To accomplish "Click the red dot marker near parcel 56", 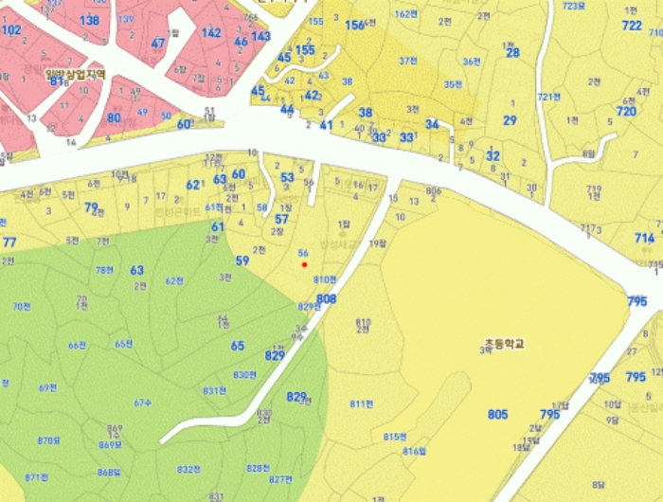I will click(x=304, y=265).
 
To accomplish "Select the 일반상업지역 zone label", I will click(x=75, y=73).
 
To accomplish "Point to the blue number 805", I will click(x=497, y=414).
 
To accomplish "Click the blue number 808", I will click(x=327, y=299).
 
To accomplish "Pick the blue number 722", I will click(x=632, y=26).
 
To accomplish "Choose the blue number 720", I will click(x=626, y=111).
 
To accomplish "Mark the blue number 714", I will click(x=644, y=238).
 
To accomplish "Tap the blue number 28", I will click(x=512, y=53).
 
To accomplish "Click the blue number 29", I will click(x=510, y=120).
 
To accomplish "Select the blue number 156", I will click(x=354, y=26).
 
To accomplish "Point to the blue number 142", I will click(x=211, y=32).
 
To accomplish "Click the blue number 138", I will click(x=90, y=20).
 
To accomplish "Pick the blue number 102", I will click(x=11, y=30).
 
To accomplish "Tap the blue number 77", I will click(x=9, y=242).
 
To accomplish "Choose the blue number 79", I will click(x=91, y=206).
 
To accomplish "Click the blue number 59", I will click(x=242, y=260).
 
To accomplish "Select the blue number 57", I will click(x=281, y=219).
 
